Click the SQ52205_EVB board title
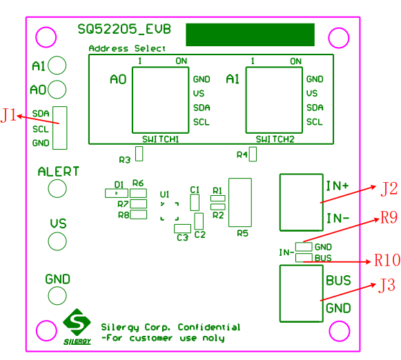point(124,30)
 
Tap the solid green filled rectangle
point(250,34)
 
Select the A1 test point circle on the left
point(57,65)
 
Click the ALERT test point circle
point(57,188)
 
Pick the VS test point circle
point(57,241)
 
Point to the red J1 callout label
point(8,115)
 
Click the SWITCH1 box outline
point(133,100)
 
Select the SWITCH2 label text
point(275,139)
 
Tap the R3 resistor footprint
point(139,154)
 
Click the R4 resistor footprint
point(253,154)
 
